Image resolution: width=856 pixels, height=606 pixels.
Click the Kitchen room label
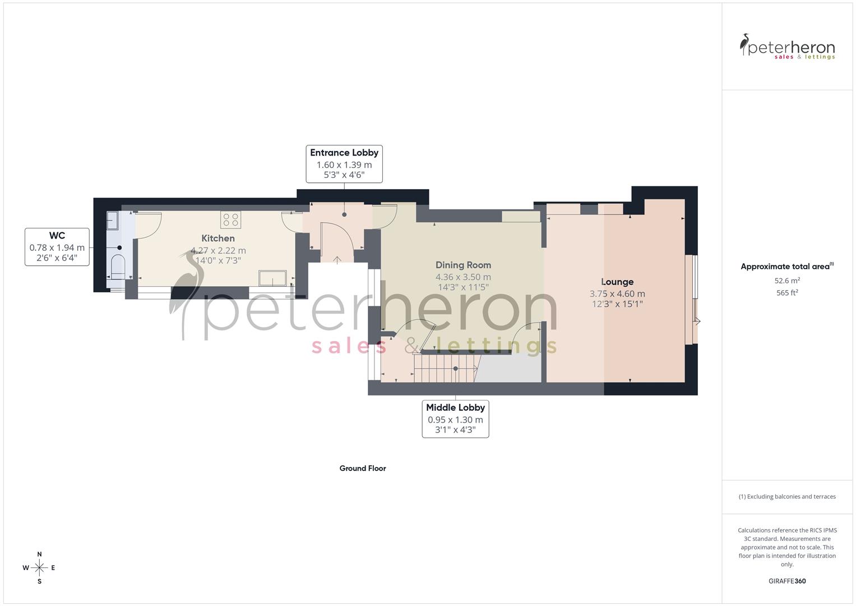click(218, 238)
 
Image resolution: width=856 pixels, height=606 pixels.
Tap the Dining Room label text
click(463, 265)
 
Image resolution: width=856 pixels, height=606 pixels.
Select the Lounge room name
click(617, 282)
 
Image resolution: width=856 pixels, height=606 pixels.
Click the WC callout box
click(57, 247)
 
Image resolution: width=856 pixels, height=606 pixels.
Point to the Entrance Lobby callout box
click(344, 163)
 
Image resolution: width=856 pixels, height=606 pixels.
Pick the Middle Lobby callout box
click(455, 419)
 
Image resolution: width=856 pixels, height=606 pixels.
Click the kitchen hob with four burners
click(230, 219)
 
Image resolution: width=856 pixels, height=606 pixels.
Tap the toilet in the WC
click(118, 267)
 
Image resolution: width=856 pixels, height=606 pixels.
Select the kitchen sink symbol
click(272, 278)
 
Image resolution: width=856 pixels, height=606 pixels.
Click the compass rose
click(39, 568)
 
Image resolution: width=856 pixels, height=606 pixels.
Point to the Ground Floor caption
click(363, 468)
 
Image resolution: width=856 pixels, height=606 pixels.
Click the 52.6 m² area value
click(787, 281)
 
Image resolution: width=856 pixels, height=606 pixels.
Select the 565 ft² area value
click(787, 293)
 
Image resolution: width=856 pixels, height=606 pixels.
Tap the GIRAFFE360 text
click(787, 581)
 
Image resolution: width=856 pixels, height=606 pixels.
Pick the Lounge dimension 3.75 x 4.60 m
click(617, 293)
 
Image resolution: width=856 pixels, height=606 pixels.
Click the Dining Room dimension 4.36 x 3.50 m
click(463, 277)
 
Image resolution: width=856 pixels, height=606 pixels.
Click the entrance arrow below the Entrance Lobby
click(337, 259)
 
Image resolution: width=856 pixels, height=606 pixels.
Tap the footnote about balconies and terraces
click(787, 497)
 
